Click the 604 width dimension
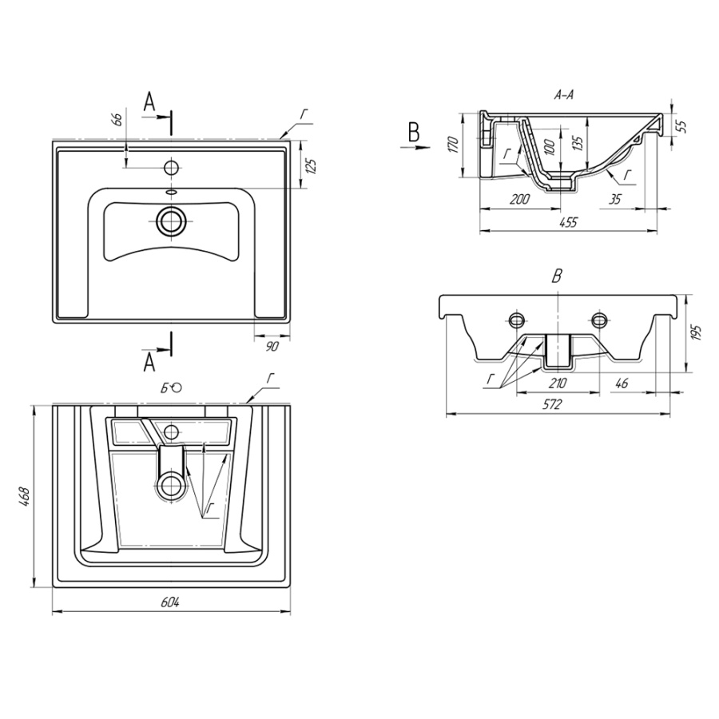[169, 602]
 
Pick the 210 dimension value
[558, 383]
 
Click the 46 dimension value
[622, 383]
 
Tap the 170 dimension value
[452, 145]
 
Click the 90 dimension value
[271, 345]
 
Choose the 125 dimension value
[312, 167]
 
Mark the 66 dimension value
[117, 120]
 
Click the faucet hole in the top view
[171, 169]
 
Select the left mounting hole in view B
[516, 320]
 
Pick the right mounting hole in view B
[600, 320]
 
